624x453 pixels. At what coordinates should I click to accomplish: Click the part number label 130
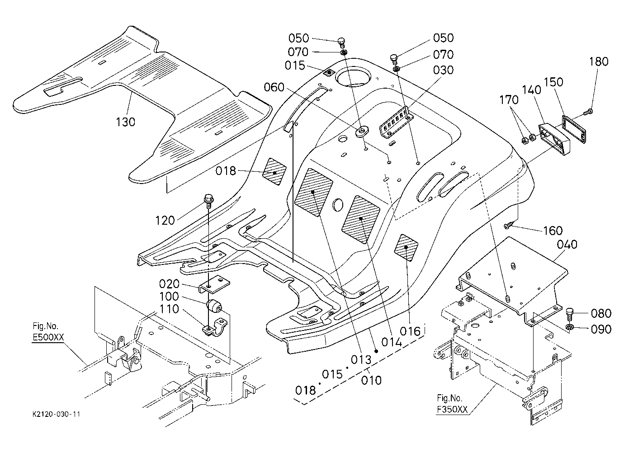(x=125, y=122)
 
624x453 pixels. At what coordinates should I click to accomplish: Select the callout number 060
(x=274, y=87)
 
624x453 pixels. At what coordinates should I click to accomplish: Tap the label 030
(x=444, y=70)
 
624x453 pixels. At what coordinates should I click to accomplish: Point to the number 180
(x=599, y=61)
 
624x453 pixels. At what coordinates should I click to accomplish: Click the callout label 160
(x=553, y=231)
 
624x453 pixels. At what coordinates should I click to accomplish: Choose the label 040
(x=567, y=245)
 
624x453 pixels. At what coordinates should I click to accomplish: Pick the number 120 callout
(x=165, y=221)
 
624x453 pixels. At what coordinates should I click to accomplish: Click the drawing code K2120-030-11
(x=56, y=414)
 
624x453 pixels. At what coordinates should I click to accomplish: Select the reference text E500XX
(x=48, y=337)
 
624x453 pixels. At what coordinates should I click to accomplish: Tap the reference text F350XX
(x=452, y=410)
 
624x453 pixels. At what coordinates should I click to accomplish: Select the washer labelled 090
(x=570, y=327)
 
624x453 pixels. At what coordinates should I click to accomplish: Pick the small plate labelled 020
(x=214, y=284)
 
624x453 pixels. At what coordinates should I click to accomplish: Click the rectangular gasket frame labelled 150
(x=574, y=130)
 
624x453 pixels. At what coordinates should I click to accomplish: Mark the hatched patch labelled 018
(x=274, y=172)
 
